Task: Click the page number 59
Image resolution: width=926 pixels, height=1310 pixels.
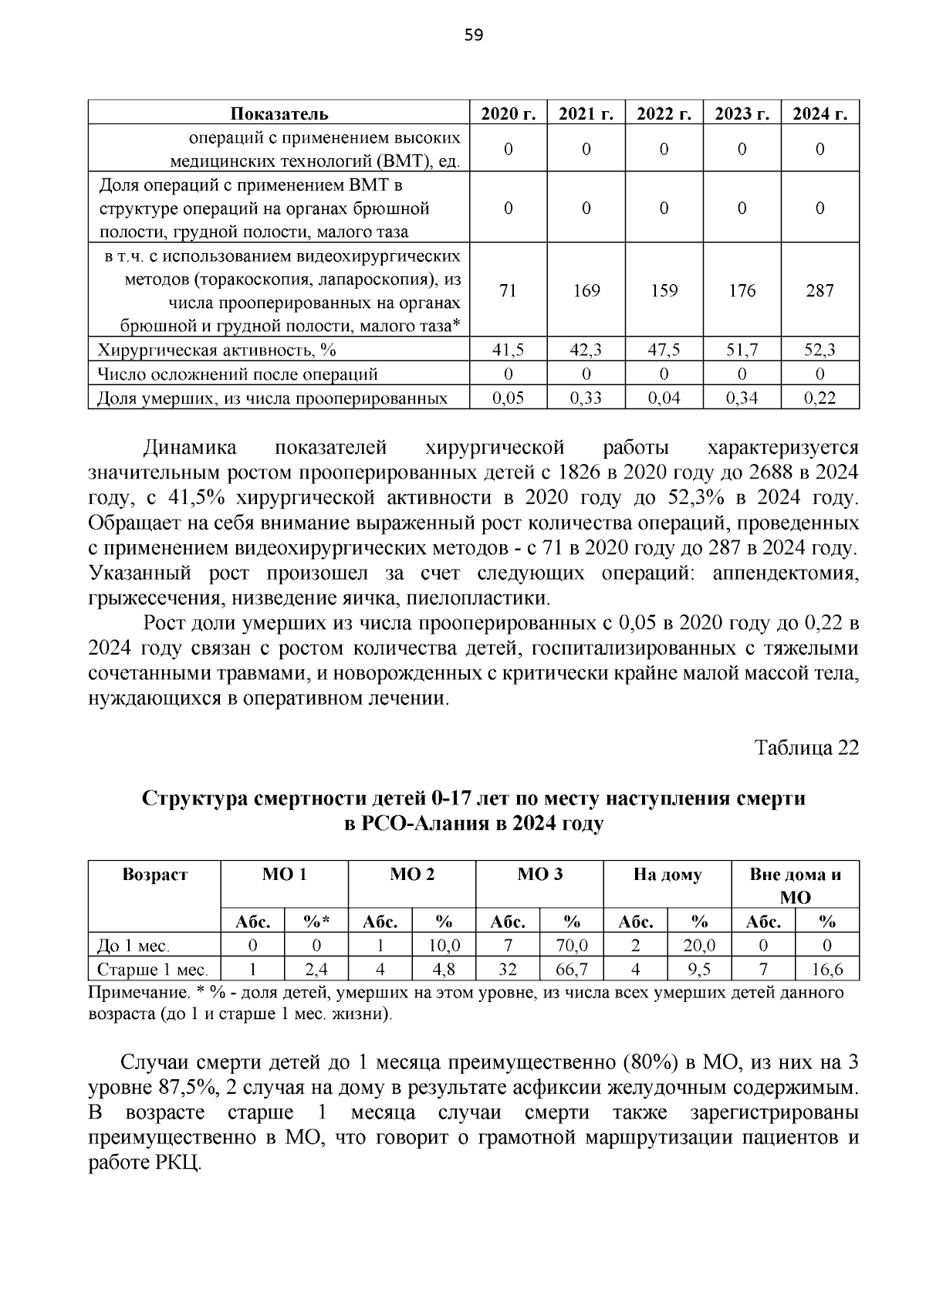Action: tap(474, 35)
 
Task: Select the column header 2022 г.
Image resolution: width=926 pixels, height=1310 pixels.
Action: tap(664, 113)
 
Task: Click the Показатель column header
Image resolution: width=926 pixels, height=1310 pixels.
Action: tap(279, 113)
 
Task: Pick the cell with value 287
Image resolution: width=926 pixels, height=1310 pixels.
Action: tap(820, 291)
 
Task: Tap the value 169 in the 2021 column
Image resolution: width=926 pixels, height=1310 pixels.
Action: tap(586, 291)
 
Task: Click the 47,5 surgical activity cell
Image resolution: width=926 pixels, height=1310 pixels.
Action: tap(664, 350)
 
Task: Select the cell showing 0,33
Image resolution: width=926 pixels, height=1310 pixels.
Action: tap(586, 398)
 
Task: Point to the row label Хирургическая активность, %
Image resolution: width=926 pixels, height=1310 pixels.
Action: tap(217, 350)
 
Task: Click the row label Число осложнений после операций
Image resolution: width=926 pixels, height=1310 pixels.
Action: tap(238, 374)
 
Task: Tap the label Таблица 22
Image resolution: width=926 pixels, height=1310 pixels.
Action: tap(806, 748)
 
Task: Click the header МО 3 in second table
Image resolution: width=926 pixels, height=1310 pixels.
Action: tap(539, 875)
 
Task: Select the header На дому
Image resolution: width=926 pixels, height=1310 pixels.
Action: tap(667, 875)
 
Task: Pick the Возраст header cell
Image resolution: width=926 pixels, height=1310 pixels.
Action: tap(154, 875)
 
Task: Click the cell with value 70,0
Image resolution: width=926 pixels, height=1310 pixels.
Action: tap(572, 946)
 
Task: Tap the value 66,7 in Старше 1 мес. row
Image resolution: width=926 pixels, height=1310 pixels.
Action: tap(572, 970)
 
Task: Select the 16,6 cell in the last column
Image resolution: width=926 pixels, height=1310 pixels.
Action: tap(827, 970)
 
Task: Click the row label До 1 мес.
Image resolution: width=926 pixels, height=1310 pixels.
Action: tap(133, 946)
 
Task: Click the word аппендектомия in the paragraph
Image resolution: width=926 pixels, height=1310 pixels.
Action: tap(786, 574)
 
